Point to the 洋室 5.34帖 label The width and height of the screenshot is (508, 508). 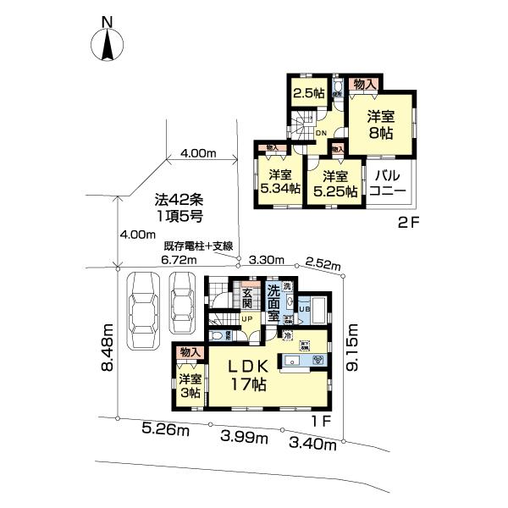[x=280, y=181]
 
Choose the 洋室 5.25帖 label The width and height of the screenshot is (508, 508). [x=335, y=183]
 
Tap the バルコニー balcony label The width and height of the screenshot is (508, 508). [x=389, y=183]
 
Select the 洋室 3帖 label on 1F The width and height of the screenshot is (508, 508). [x=189, y=386]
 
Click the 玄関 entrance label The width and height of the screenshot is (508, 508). [x=247, y=298]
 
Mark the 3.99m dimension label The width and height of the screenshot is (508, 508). [x=244, y=437]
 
